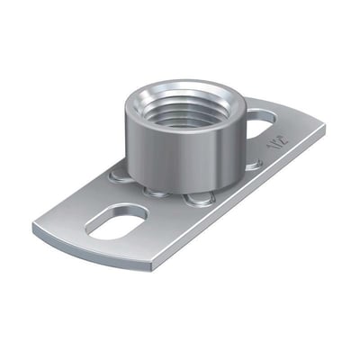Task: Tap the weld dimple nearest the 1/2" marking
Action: pos(255,163)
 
